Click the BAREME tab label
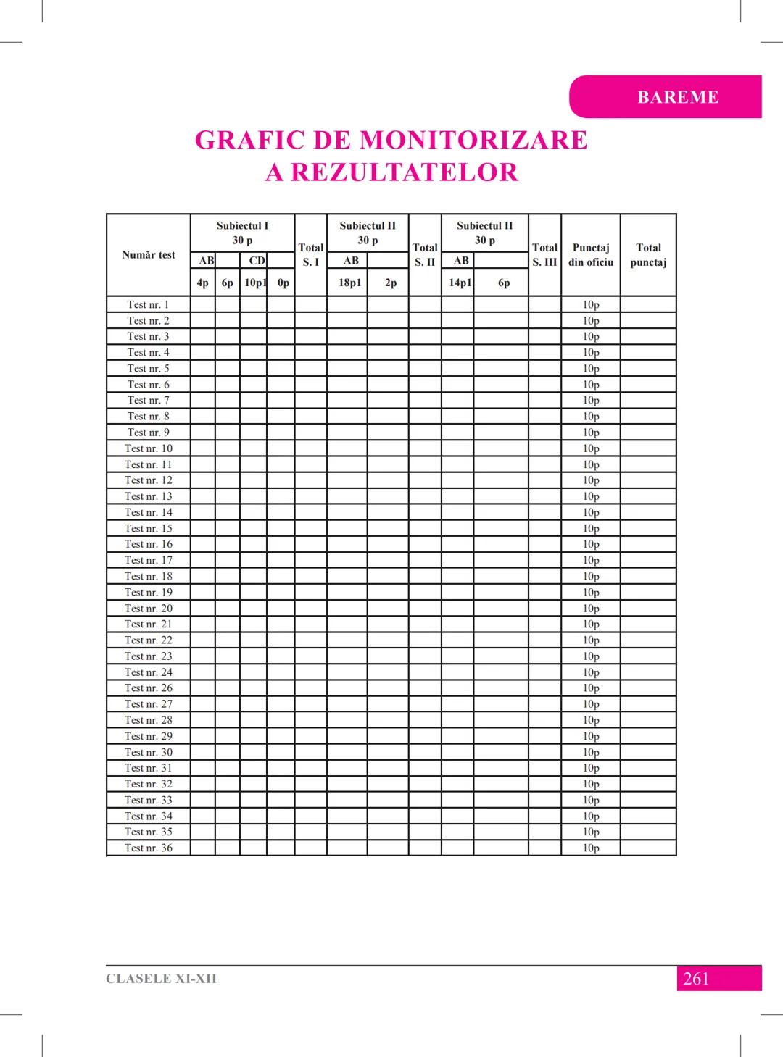click(x=678, y=97)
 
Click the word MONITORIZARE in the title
click(x=473, y=140)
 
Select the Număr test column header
click(x=149, y=255)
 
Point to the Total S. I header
click(x=311, y=255)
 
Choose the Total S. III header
click(x=544, y=255)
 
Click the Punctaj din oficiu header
click(x=591, y=255)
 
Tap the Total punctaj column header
click(x=648, y=255)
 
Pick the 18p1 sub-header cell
click(x=349, y=283)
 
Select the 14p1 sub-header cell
click(x=460, y=283)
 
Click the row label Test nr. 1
click(x=149, y=304)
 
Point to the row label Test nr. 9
click(x=149, y=433)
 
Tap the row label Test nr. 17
click(x=149, y=560)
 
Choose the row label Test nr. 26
click(x=149, y=688)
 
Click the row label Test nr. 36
click(x=149, y=848)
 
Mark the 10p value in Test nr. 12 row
click(x=591, y=480)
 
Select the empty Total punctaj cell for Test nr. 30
click(x=648, y=752)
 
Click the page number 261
click(x=696, y=979)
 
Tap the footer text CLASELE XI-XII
click(x=161, y=979)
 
